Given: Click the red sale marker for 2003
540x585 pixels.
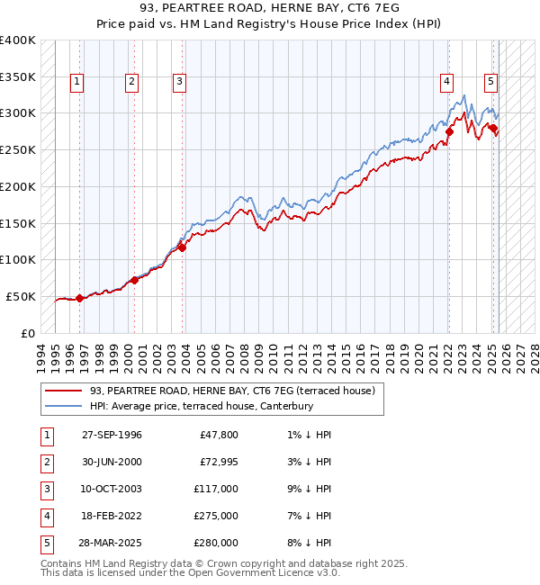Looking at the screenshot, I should (182, 247).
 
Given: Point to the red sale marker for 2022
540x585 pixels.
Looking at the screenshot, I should (448, 131).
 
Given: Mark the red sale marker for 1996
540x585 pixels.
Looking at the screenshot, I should (79, 298).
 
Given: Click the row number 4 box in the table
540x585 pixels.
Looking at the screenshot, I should (46, 516).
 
